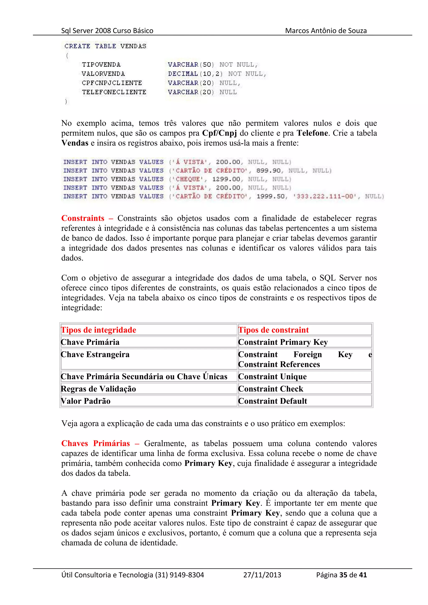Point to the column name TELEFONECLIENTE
coord(114,92)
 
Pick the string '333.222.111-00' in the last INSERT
coord(325,196)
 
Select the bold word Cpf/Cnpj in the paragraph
coord(219,133)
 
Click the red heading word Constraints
coord(83,218)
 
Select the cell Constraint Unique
coord(272,377)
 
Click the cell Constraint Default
coord(273,401)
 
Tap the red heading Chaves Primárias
coord(96,443)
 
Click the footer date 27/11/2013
coord(262,575)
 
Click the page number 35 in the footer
coord(343,575)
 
